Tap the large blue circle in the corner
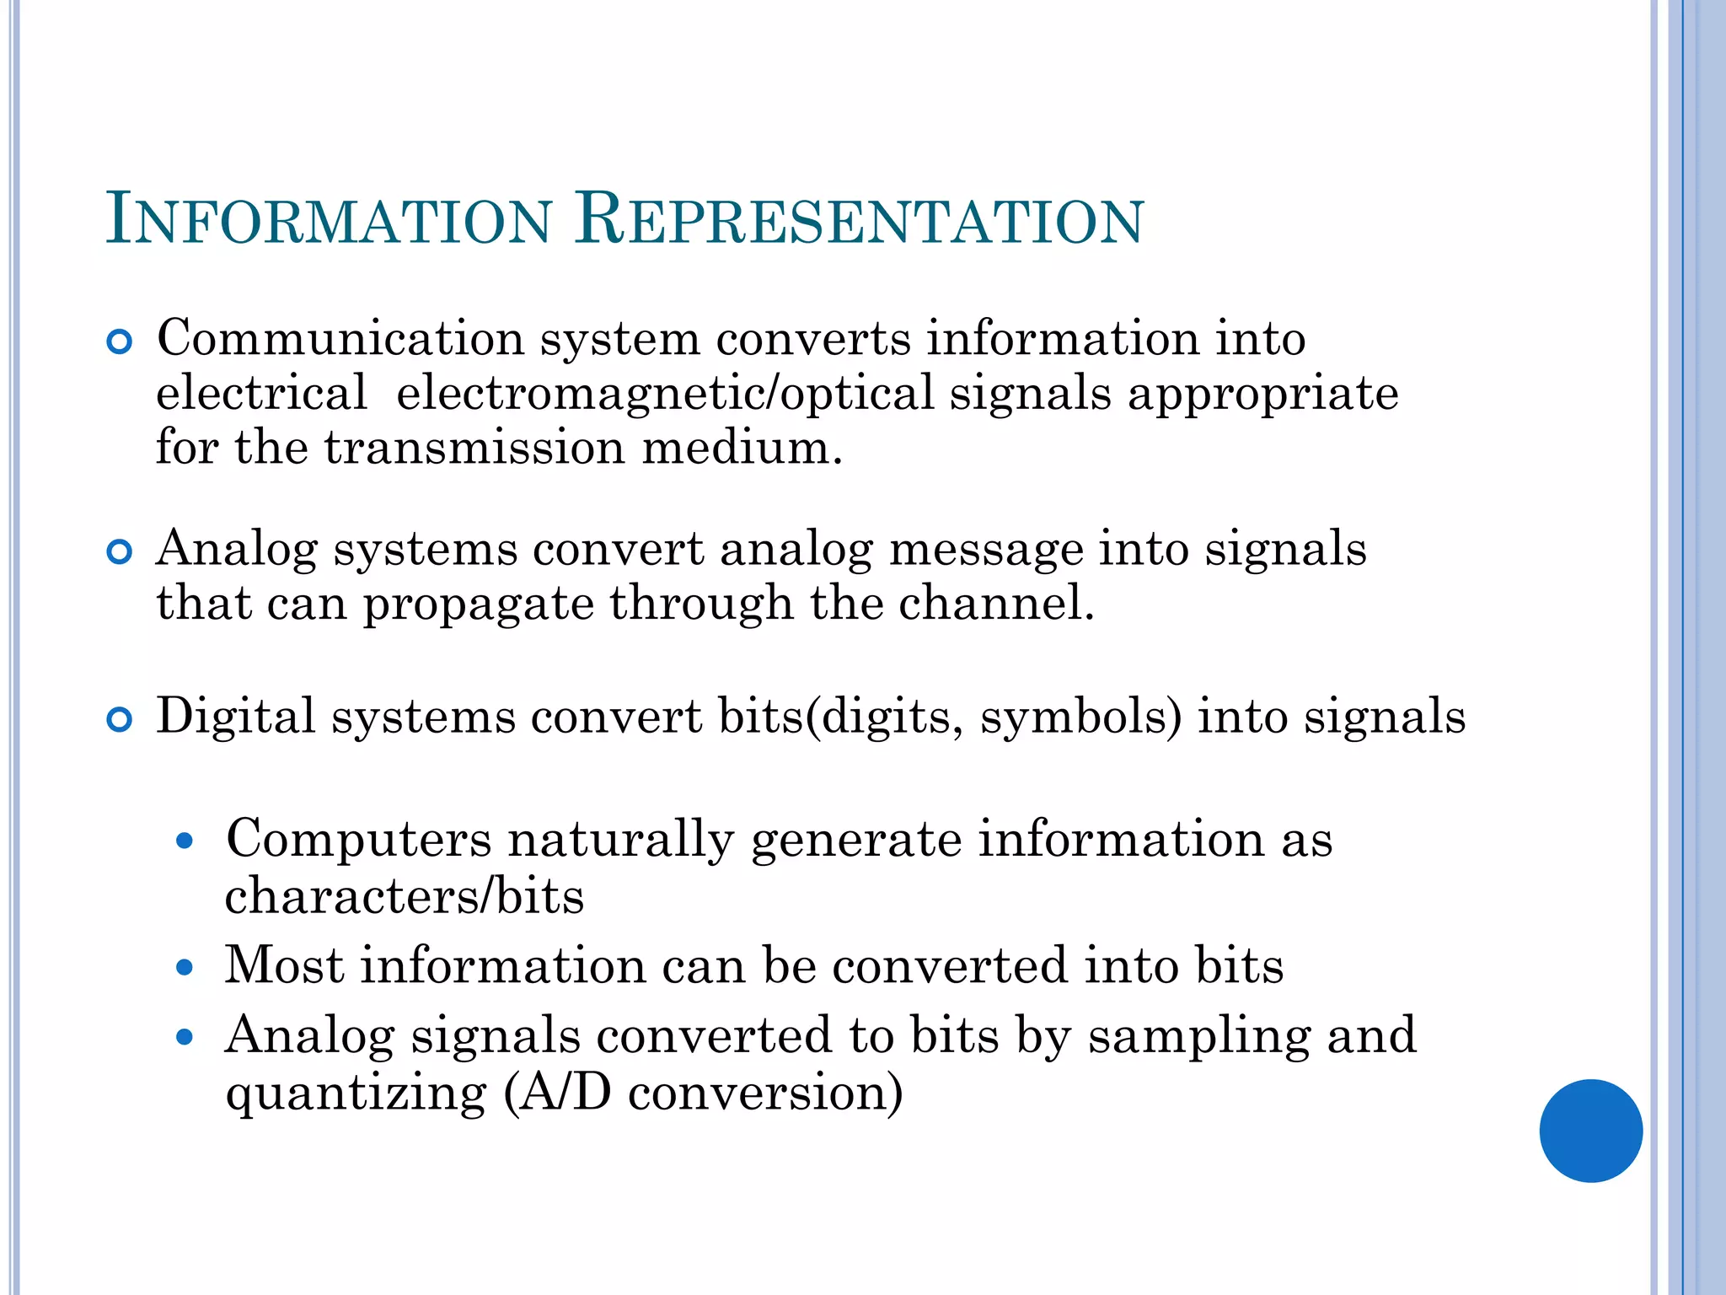1590,1131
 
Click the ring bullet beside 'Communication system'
120,342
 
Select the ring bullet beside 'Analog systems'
120,552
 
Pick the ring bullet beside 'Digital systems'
120,720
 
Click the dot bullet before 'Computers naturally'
185,841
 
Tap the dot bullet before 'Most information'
185,968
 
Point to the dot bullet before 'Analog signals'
185,1037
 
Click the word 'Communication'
340,339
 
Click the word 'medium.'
742,447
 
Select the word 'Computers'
358,840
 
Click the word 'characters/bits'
405,895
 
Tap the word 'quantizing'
356,1093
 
